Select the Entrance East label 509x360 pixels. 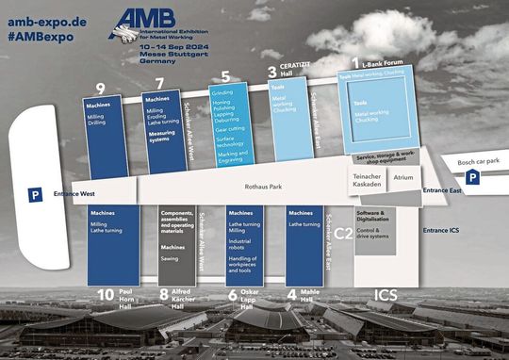[442, 190]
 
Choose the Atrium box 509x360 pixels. [403, 176]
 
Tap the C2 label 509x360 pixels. [343, 232]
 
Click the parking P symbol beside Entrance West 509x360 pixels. [34, 195]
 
